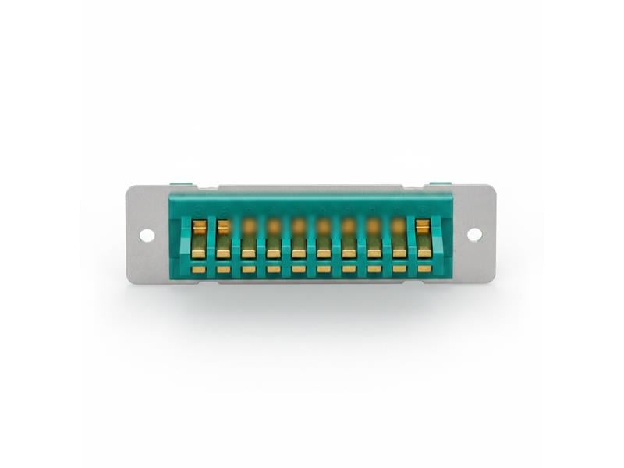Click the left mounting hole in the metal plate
click(x=147, y=235)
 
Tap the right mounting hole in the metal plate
click(x=474, y=234)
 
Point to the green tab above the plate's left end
click(x=181, y=184)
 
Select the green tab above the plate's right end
click(x=440, y=184)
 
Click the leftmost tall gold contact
click(x=199, y=239)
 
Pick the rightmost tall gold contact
click(x=424, y=239)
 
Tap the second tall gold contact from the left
click(x=224, y=239)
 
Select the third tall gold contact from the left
click(x=249, y=239)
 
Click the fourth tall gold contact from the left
click(x=274, y=239)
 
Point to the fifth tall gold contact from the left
click(x=299, y=239)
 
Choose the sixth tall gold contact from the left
click(x=324, y=239)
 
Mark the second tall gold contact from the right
click(x=399, y=239)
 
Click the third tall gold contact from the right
click(x=374, y=239)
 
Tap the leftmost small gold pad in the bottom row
click(x=199, y=269)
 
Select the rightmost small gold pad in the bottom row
click(x=424, y=269)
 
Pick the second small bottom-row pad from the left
click(x=224, y=269)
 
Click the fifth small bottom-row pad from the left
click(x=299, y=269)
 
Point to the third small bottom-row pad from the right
click(x=374, y=269)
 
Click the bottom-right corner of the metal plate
click(x=494, y=281)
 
